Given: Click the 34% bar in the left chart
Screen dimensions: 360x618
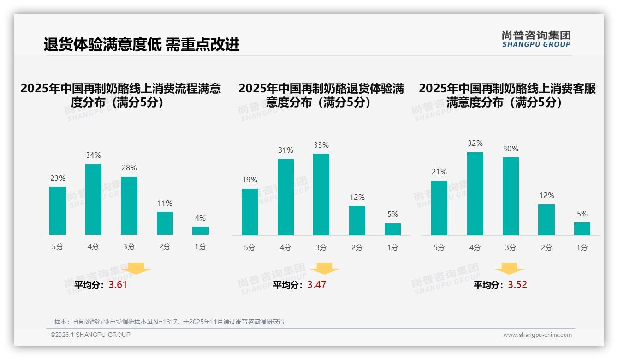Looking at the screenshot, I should [93, 199].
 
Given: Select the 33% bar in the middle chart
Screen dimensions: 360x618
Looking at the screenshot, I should [321, 194].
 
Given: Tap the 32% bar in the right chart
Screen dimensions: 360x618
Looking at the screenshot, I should [475, 194].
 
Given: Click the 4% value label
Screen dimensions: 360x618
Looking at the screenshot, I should [200, 218].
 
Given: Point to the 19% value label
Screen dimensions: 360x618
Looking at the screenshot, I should [250, 180].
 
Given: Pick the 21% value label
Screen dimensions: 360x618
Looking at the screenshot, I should [439, 172].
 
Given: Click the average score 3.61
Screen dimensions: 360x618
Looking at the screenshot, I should [118, 285].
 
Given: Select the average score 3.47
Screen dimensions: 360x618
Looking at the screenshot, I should [317, 285].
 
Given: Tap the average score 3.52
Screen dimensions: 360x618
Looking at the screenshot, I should [517, 285].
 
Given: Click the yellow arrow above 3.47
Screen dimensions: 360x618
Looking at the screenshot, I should [324, 269].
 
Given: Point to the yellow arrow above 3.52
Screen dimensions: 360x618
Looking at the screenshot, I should [509, 269].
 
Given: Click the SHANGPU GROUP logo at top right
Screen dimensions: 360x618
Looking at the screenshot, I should [536, 39].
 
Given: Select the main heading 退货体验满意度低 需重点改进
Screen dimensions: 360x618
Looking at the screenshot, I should [142, 45].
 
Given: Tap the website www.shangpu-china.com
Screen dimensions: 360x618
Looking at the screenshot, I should [537, 335].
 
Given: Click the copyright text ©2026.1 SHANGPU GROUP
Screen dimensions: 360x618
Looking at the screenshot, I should [90, 335].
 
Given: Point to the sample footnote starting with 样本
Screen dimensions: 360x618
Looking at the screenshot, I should [169, 322].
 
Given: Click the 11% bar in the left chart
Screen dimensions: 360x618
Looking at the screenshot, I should [165, 223].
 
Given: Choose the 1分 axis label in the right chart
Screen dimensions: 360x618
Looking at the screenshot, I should [582, 248].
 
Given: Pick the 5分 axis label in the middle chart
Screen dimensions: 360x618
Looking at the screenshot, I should [250, 248].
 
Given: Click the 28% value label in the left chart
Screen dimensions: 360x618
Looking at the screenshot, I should [129, 168].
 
